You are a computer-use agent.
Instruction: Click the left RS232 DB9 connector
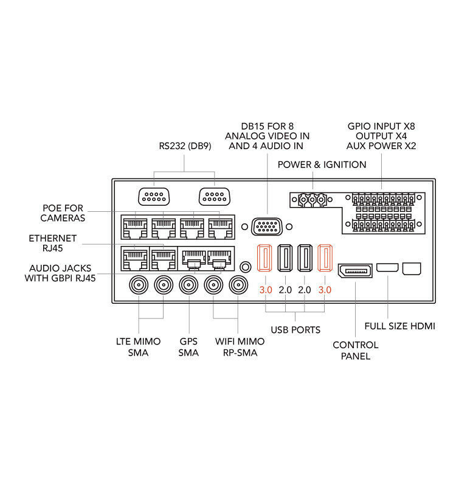pyautogui.click(x=154, y=197)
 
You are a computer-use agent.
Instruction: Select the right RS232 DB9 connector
pyautogui.click(x=215, y=197)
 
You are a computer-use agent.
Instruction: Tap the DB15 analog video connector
pyautogui.click(x=267, y=226)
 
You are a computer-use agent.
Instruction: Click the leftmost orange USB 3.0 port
pyautogui.click(x=264, y=258)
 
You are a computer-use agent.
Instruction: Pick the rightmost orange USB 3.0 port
pyautogui.click(x=325, y=258)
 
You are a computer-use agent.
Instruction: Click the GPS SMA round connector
pyautogui.click(x=188, y=285)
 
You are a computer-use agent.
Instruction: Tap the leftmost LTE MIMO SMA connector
pyautogui.click(x=139, y=285)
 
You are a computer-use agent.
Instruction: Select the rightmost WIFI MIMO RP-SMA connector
pyautogui.click(x=238, y=285)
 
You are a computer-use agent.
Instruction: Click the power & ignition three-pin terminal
pyautogui.click(x=313, y=200)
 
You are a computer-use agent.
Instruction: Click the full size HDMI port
pyautogui.click(x=387, y=267)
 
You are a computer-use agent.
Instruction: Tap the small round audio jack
pyautogui.click(x=246, y=267)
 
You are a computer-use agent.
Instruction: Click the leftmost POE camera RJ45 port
pyautogui.click(x=135, y=228)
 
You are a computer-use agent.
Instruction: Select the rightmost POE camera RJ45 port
pyautogui.click(x=221, y=228)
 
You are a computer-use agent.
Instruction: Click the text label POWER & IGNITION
pyautogui.click(x=322, y=164)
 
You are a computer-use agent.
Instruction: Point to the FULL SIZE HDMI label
pyautogui.click(x=400, y=326)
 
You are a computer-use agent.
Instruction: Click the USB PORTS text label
pyautogui.click(x=295, y=330)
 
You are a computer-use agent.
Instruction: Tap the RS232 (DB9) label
pyautogui.click(x=185, y=146)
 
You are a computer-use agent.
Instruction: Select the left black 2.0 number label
pyautogui.click(x=285, y=290)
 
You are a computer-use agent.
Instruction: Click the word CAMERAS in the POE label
pyautogui.click(x=63, y=218)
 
